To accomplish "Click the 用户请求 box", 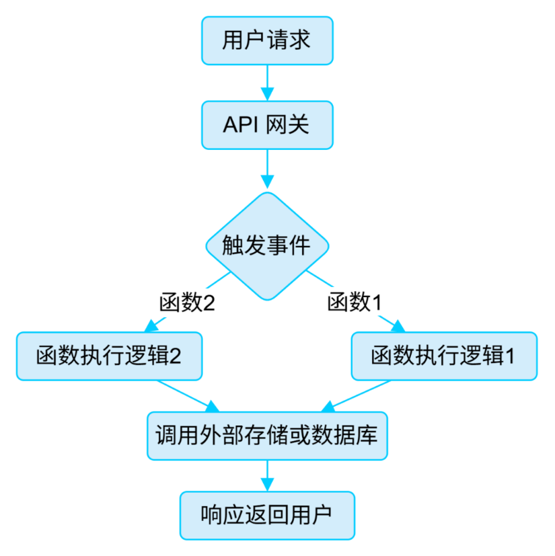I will tap(267, 40).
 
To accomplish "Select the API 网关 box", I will tap(267, 125).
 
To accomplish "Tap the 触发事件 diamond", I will tap(267, 245).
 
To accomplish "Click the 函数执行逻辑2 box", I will tap(109, 356).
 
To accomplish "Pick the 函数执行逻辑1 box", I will tap(444, 356).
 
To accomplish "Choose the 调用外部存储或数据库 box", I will tap(267, 436).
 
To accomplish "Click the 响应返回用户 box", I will tap(267, 515).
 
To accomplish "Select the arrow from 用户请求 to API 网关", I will tap(267, 82).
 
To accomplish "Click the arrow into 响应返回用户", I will tap(267, 475).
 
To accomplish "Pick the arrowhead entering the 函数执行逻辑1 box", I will tap(399, 326).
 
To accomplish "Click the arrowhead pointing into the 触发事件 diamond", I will tap(267, 182).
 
